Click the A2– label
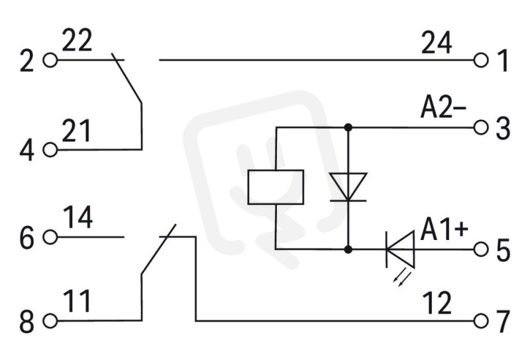coord(443,108)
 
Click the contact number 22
coord(77,40)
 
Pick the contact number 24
coord(437,42)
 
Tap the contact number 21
coord(76,131)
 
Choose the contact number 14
coord(78,217)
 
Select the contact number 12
coord(437,303)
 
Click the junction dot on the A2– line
coord(348,127)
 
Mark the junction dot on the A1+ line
coord(348,250)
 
